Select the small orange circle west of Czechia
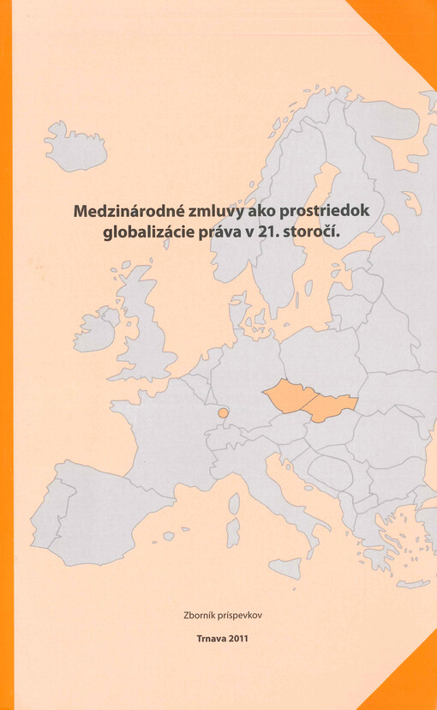pyautogui.click(x=224, y=412)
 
